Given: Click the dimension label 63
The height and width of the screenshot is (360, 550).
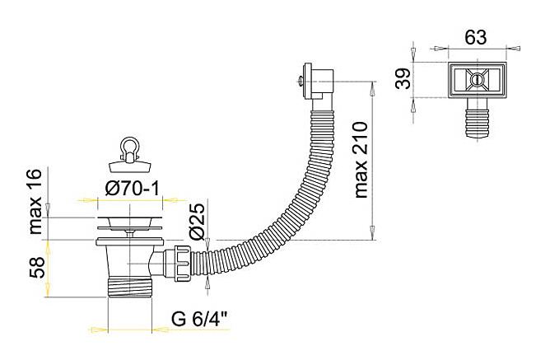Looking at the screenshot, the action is tap(476, 37).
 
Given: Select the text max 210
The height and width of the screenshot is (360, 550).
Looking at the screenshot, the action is tap(361, 160).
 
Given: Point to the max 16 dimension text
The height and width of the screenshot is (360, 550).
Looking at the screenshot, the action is tap(35, 201).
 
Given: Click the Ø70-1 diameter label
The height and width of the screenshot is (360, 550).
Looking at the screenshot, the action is tap(133, 189).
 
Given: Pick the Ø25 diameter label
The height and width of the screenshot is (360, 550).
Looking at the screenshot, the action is tap(197, 221).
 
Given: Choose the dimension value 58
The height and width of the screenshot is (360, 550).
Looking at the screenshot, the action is tap(37, 268).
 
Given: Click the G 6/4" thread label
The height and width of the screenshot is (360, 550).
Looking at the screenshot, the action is tap(199, 319).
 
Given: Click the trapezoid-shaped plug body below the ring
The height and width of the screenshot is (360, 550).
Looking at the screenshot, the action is tap(130, 166).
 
